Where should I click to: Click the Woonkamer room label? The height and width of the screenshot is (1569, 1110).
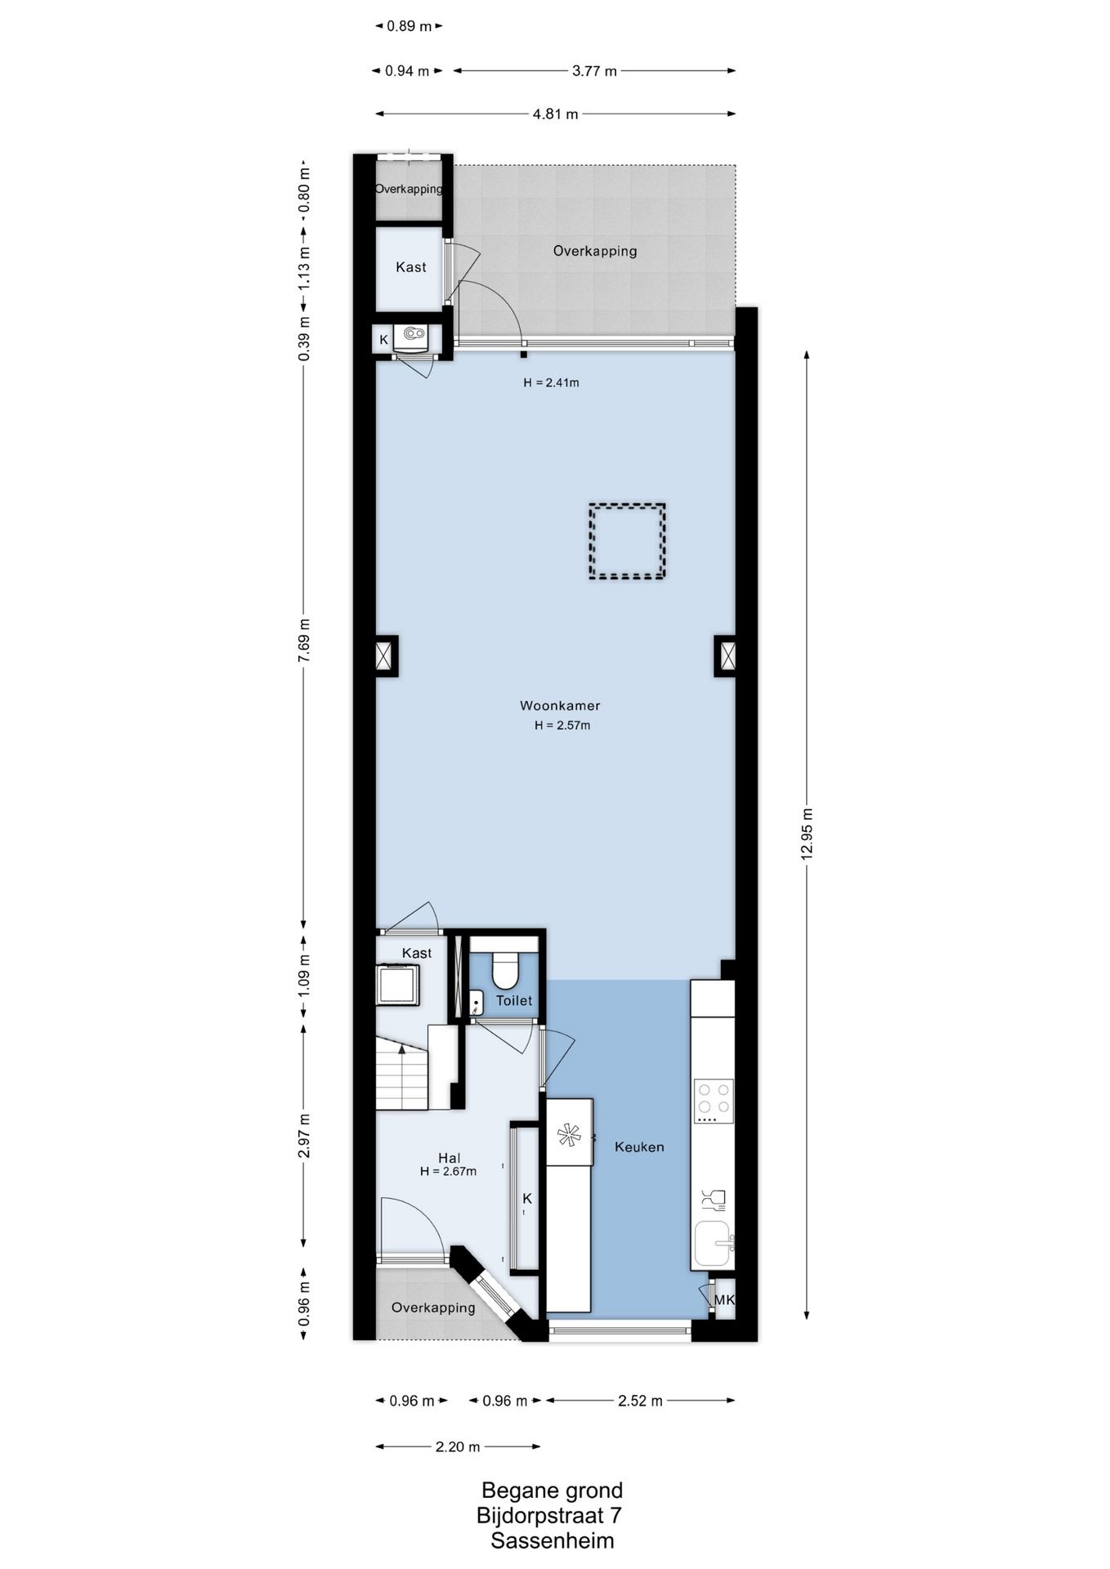point(560,705)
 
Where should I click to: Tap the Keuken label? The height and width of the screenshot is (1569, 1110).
point(639,1147)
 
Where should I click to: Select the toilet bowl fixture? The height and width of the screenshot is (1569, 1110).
point(504,968)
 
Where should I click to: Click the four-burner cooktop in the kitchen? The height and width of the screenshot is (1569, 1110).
point(714,1101)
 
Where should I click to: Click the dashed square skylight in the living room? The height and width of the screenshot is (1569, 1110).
point(627,541)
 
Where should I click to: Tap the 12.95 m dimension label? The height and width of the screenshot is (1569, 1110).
point(808,834)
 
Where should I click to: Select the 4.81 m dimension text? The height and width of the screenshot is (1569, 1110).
point(556,114)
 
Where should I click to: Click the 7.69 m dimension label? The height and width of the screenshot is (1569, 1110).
point(304,641)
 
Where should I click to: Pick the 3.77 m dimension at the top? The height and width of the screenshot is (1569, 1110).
point(594,71)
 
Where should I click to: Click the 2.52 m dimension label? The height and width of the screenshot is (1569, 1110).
point(640,1401)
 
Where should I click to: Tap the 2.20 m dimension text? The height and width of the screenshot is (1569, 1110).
point(458,1446)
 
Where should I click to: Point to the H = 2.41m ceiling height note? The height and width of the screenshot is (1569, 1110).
point(551,382)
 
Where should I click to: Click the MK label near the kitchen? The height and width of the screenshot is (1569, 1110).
point(724,1299)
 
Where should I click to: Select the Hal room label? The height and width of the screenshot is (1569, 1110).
point(449,1157)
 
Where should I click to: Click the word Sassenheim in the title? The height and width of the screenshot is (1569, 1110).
point(553,1541)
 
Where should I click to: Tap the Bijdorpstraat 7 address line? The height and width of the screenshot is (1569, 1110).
point(549,1516)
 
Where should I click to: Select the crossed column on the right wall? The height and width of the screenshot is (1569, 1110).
point(725,655)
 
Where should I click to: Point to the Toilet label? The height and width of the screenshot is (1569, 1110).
point(514,1000)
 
